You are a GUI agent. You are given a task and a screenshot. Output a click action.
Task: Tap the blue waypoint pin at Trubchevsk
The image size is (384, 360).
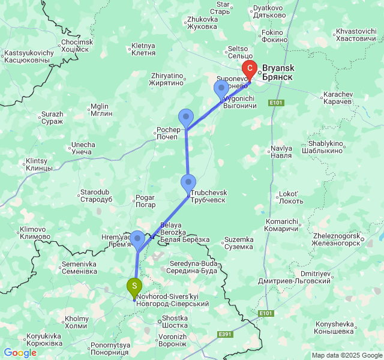click(x=189, y=182)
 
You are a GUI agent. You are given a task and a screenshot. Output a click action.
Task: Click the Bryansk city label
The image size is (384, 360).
click(x=277, y=73)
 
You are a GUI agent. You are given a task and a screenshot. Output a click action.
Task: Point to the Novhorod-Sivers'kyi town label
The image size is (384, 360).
click(x=172, y=300)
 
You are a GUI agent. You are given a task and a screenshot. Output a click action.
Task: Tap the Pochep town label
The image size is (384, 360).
click(x=167, y=133)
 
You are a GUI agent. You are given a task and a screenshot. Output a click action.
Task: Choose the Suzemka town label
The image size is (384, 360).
click(x=238, y=243)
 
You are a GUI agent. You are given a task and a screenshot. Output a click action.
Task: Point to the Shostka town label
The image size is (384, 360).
click(x=175, y=322)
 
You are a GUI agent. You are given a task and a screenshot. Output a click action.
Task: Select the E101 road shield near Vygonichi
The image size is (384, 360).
click(x=276, y=103)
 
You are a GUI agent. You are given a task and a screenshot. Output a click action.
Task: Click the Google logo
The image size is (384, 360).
click(x=20, y=353)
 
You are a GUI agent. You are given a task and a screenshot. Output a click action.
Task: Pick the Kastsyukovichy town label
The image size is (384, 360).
click(x=28, y=56)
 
